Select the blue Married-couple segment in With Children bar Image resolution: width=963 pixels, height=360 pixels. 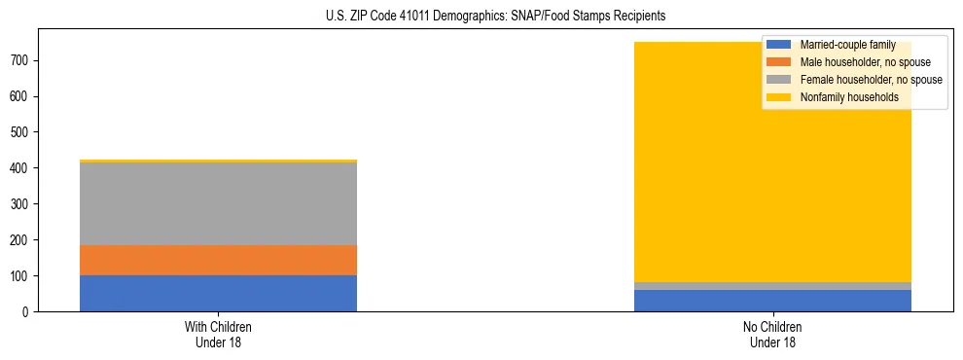pyautogui.click(x=218, y=293)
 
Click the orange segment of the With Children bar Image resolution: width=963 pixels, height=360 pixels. pyautogui.click(x=218, y=260)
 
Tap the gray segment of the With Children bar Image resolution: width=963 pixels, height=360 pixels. pyautogui.click(x=218, y=203)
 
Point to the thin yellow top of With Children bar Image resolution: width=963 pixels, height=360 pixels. pyautogui.click(x=218, y=161)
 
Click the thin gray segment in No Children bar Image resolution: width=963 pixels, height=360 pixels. pyautogui.click(x=772, y=285)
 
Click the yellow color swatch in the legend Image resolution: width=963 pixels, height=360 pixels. pyautogui.click(x=779, y=97)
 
